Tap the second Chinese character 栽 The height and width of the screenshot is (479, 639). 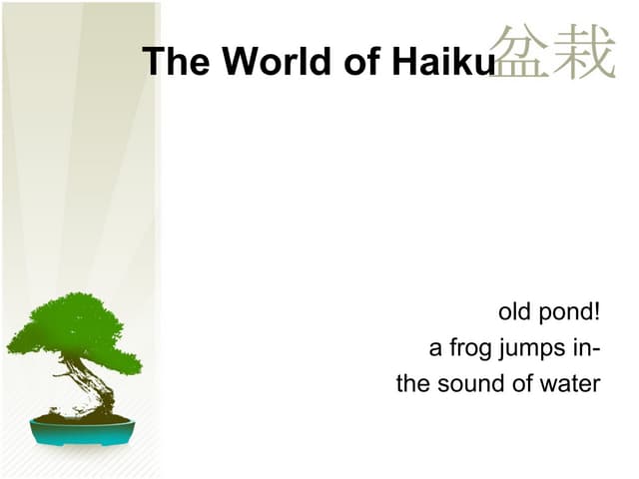(584, 52)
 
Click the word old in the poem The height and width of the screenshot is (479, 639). (514, 312)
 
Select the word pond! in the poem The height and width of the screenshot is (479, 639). (569, 313)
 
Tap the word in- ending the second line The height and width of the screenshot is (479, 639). (586, 348)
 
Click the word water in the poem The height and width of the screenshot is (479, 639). (570, 383)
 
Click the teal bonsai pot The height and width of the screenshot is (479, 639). (82, 431)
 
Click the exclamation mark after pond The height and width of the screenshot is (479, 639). (596, 312)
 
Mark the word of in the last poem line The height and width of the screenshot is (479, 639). (522, 383)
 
